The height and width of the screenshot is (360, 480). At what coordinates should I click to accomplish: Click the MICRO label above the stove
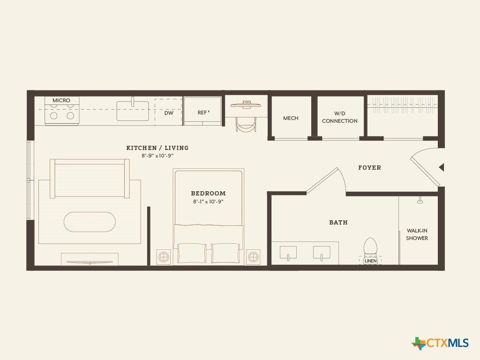pos(61,100)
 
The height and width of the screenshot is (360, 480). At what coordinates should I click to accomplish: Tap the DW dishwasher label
pos(169,113)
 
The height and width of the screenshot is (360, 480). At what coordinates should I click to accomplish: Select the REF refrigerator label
pos(203,112)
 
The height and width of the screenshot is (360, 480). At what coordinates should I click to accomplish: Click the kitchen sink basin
pos(133,111)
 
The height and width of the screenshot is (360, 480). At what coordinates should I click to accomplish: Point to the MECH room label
pos(291,118)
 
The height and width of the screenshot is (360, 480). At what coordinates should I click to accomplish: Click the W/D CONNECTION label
pos(339,117)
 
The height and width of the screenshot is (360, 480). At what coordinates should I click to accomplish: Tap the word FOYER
pos(369,168)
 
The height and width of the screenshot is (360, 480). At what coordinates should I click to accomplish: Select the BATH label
pos(338,223)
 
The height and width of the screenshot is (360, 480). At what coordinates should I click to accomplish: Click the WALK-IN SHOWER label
pos(417,234)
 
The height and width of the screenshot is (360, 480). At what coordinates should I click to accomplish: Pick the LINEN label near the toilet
pos(370,261)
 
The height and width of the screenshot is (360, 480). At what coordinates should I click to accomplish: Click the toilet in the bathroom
pos(370,247)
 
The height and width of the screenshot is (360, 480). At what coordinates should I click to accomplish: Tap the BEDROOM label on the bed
pos(208,194)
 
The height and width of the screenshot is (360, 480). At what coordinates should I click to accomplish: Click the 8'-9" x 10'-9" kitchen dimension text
pos(157,156)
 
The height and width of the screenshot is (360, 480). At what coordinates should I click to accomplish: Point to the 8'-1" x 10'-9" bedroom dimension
pos(208,202)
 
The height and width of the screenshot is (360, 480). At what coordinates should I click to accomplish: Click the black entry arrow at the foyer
pos(442,167)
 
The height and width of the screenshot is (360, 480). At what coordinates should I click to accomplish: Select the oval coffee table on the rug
pos(90,222)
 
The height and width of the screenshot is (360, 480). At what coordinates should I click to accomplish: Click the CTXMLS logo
pos(440,343)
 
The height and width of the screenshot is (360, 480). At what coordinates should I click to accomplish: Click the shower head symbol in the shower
pos(420,201)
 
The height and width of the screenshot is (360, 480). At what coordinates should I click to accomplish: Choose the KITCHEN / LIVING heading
pos(157,148)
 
